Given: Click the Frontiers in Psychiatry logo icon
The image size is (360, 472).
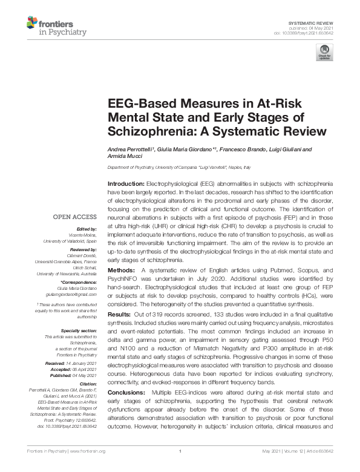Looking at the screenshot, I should coord(32,24).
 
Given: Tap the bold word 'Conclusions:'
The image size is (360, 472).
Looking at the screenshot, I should coord(126,393).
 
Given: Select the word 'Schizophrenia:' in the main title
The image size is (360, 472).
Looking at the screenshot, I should coord(143,131).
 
